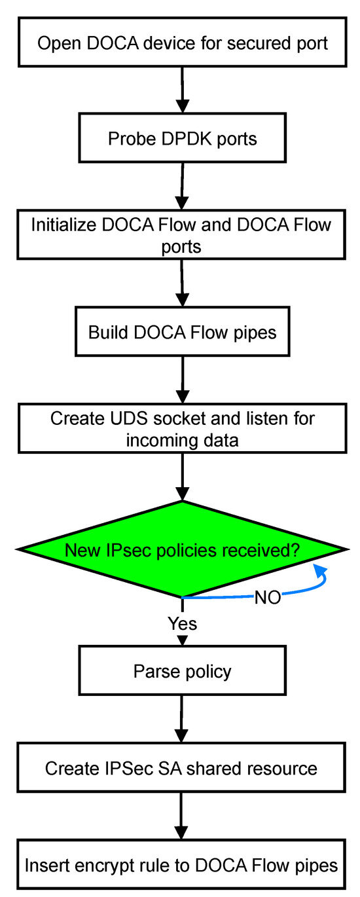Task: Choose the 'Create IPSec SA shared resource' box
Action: pyautogui.click(x=181, y=768)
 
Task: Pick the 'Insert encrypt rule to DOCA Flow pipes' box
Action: pyautogui.click(x=181, y=865)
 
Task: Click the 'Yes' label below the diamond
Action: pyautogui.click(x=183, y=623)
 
